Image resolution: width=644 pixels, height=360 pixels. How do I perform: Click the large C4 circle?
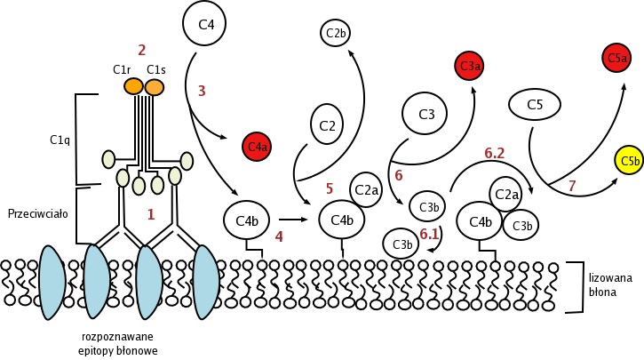pos(207,25)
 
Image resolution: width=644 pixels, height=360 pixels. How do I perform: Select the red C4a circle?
pos(258,146)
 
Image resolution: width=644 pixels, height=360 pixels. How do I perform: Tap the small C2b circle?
pos(337,34)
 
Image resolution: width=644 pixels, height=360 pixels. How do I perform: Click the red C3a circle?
pos(470,66)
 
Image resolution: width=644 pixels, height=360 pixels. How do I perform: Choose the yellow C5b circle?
pos(630,161)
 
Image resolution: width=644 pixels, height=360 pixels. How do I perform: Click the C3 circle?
pos(425,114)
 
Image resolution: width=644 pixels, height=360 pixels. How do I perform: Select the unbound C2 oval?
pos(326,125)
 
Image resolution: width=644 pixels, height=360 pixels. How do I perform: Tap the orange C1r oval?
pos(133,86)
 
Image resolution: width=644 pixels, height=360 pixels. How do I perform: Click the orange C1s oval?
pos(155,86)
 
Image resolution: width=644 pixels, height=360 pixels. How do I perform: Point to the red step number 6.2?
pos(496,153)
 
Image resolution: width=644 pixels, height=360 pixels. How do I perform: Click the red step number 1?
pos(151,213)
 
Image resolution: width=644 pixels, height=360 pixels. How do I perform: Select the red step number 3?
pos(202,90)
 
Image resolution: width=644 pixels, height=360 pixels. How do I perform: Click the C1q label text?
pos(60,140)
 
